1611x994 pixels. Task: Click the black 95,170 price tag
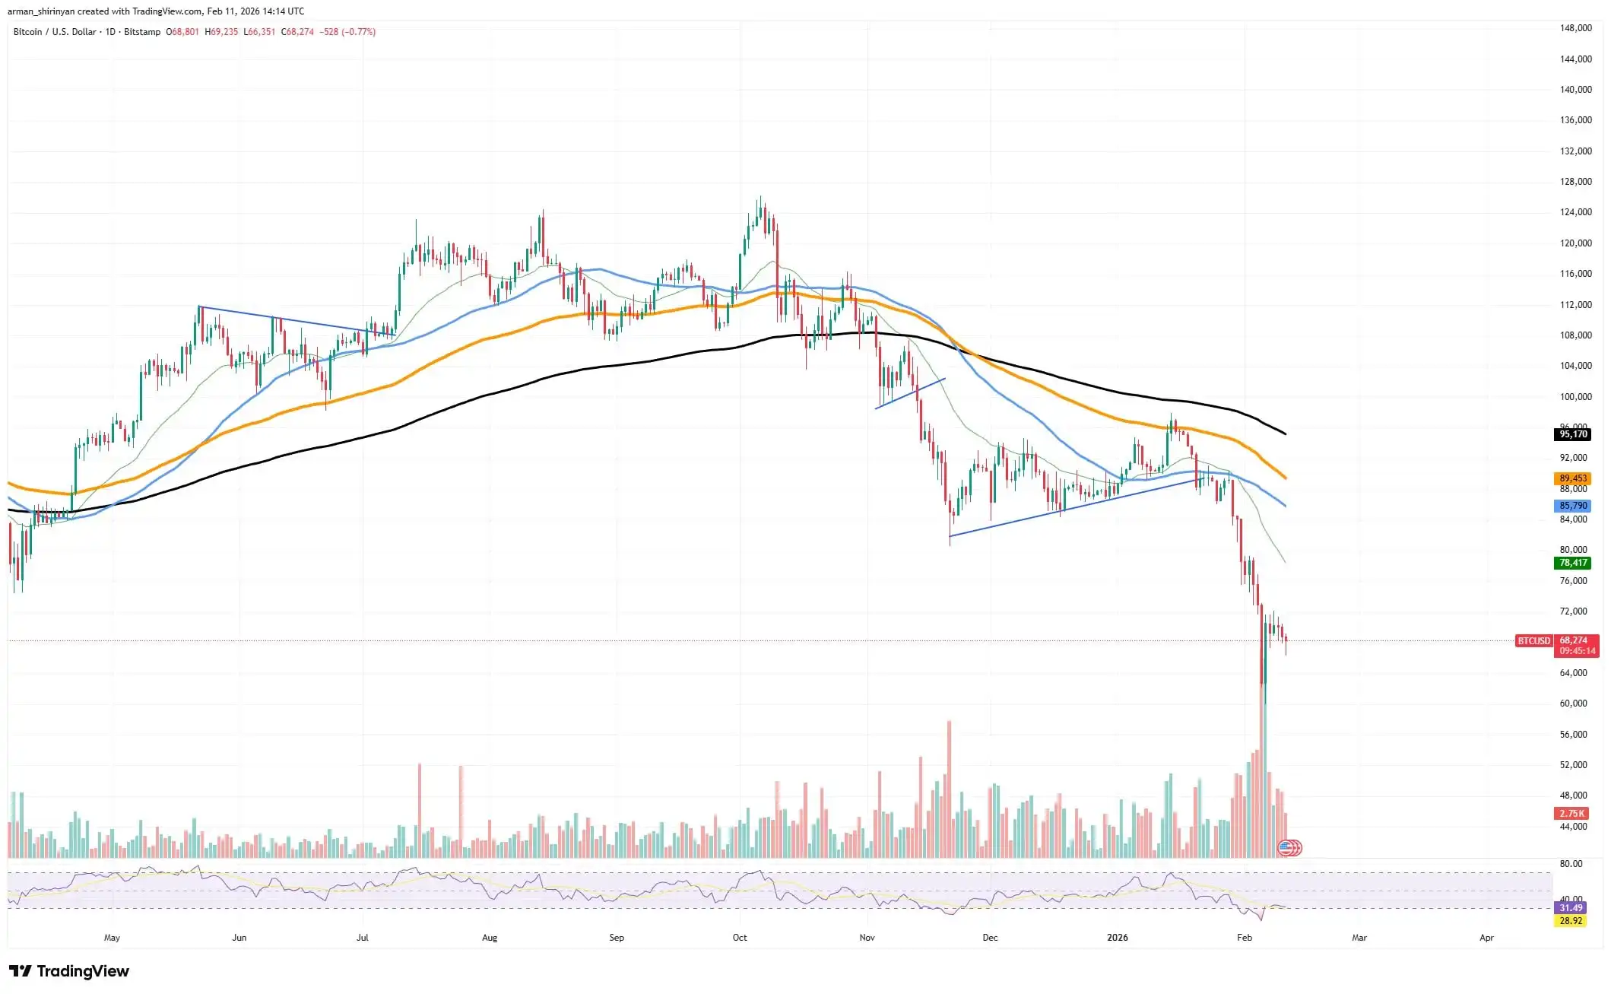point(1573,434)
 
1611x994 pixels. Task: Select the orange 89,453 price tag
point(1573,478)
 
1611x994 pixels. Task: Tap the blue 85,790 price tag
point(1573,506)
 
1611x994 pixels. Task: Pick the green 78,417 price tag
point(1573,563)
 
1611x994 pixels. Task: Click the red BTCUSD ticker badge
point(1533,641)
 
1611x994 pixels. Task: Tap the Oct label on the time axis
point(740,938)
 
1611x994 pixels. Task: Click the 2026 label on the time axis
point(1117,938)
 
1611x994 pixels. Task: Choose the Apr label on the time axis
point(1486,938)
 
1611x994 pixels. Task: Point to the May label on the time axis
point(112,938)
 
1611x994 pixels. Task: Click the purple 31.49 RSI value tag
point(1571,908)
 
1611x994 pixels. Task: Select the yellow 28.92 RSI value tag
point(1571,921)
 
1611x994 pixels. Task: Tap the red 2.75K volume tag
point(1571,813)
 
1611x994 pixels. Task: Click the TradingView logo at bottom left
point(69,971)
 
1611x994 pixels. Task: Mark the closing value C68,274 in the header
point(297,32)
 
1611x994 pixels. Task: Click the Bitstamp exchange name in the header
point(142,32)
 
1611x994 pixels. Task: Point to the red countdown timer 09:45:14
point(1577,651)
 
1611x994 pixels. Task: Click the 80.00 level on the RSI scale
point(1571,864)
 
